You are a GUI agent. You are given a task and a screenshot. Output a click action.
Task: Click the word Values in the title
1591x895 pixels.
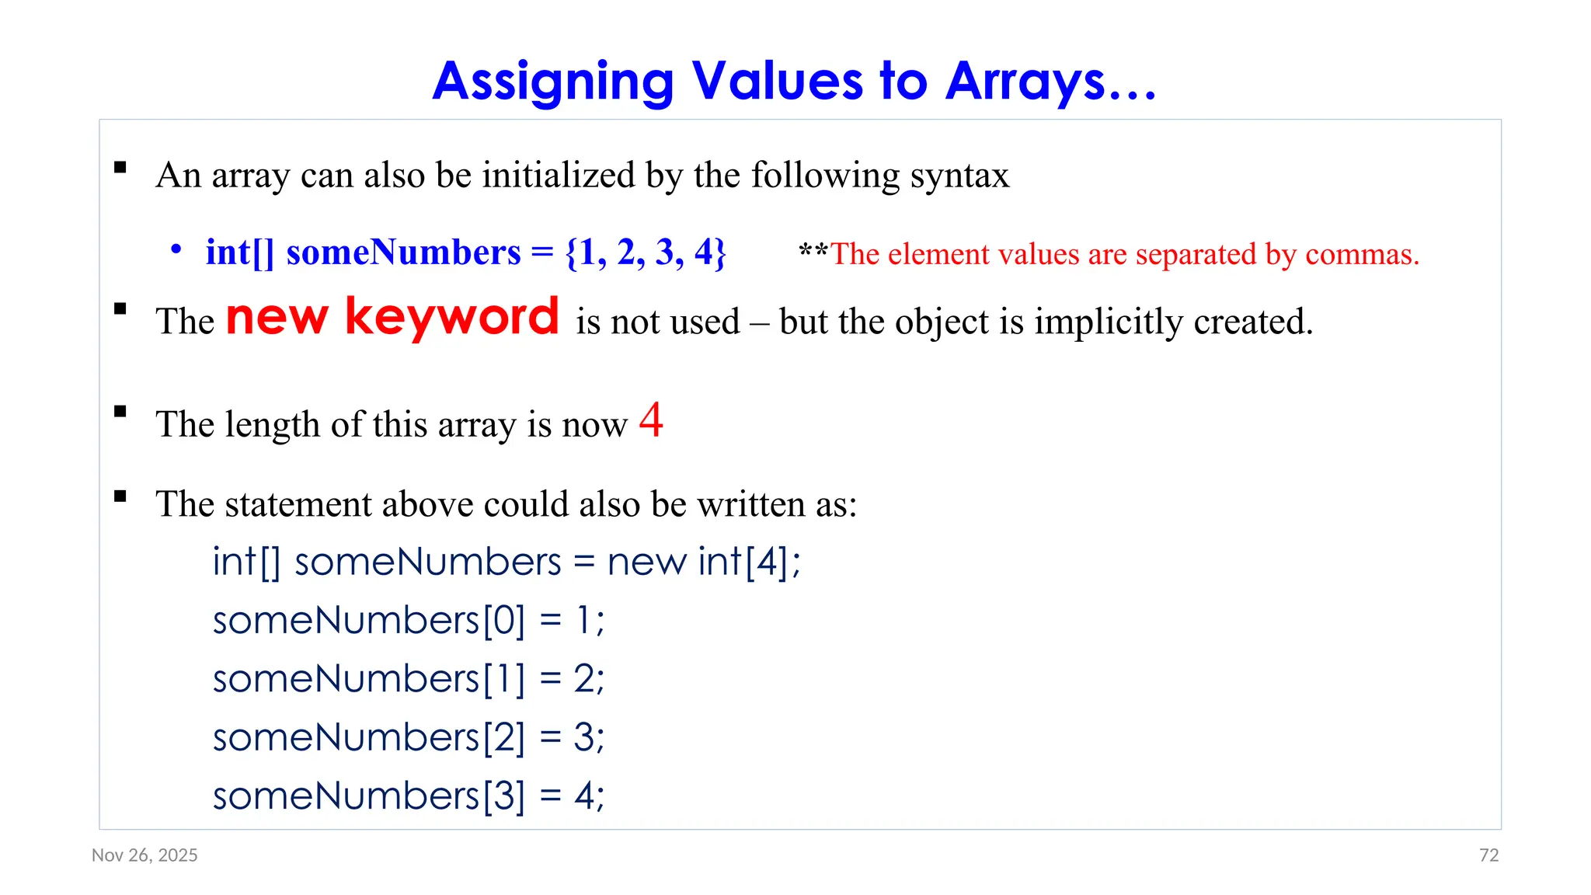pyautogui.click(x=777, y=81)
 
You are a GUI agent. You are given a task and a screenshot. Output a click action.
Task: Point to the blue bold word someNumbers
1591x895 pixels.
pyautogui.click(x=403, y=252)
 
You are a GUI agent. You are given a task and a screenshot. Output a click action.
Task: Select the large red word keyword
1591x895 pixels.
pyautogui.click(x=451, y=317)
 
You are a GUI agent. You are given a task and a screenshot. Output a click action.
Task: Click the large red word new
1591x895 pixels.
pyautogui.click(x=277, y=319)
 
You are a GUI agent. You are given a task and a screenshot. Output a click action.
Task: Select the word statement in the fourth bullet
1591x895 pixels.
pyautogui.click(x=298, y=504)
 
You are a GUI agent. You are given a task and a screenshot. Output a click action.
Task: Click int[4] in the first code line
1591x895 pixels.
pyautogui.click(x=743, y=562)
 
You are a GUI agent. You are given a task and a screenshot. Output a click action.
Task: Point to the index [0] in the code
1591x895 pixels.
pyautogui.click(x=503, y=621)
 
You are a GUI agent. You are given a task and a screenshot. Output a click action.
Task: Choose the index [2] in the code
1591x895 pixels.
pyautogui.click(x=503, y=737)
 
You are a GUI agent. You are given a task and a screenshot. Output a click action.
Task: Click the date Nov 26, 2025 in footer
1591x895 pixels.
pyautogui.click(x=144, y=855)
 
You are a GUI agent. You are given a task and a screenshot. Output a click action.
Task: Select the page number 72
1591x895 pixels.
pyautogui.click(x=1488, y=855)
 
